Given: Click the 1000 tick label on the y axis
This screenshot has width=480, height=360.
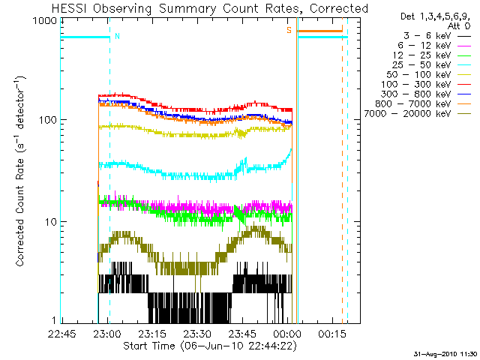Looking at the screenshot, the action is coord(45,21).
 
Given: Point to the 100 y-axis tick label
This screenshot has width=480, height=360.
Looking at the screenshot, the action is coord(48,120).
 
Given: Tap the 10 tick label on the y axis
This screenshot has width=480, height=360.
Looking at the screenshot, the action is coord(51,222).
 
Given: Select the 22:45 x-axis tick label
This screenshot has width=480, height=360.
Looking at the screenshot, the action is coord(62,333).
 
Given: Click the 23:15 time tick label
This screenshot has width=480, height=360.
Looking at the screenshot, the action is coord(152,333).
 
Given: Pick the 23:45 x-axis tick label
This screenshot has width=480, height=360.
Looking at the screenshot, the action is coord(242,333).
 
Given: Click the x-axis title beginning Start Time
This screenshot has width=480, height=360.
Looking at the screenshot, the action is coord(210,346).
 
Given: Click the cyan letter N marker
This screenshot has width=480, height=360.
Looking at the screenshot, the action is coord(117,36).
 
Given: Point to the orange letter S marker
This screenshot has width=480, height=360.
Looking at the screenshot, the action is coord(289,30).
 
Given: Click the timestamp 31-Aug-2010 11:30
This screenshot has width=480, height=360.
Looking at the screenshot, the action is coord(445,354).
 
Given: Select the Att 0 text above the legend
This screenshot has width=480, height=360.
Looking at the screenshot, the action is coord(458,26).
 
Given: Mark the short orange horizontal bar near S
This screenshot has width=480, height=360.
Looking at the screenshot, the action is coord(320,31).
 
